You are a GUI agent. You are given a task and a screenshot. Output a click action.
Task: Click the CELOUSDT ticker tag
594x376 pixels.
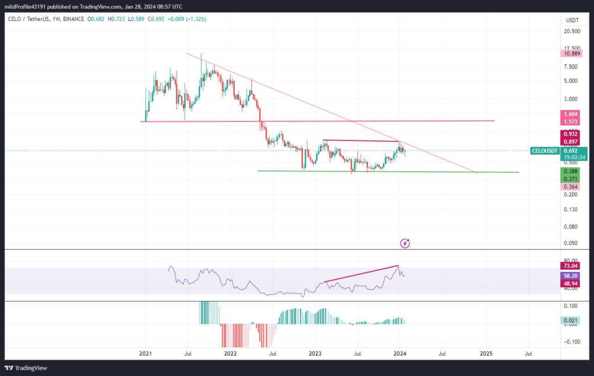tap(545, 150)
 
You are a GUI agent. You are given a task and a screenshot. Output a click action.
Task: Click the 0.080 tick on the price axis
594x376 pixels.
tap(571, 227)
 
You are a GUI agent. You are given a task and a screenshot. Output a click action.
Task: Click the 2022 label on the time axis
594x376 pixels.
tap(230, 354)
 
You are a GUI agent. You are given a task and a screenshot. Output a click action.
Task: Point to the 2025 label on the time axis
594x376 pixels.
tap(486, 354)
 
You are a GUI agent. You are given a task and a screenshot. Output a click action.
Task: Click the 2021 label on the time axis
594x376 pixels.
tap(146, 354)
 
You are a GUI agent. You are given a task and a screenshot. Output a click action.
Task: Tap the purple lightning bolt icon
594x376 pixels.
tap(405, 243)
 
